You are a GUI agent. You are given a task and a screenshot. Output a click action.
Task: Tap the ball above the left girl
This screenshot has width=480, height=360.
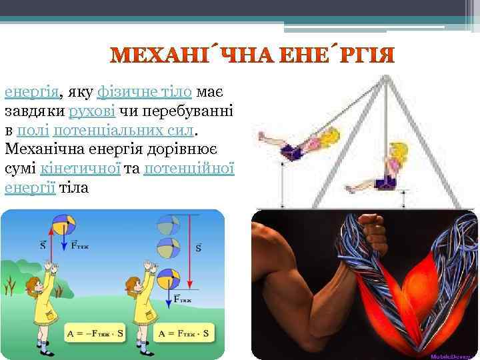point(66,223)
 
